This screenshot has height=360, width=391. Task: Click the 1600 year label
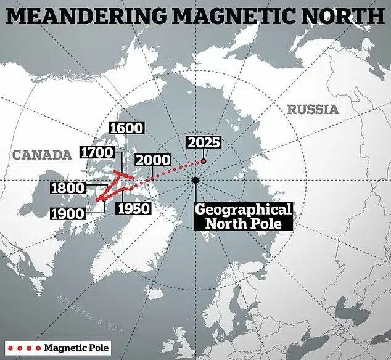[x=126, y=128]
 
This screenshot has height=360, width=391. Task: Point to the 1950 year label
[x=133, y=208]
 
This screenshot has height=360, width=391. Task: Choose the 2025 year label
[x=204, y=142]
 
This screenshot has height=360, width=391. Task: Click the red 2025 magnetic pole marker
[x=204, y=162]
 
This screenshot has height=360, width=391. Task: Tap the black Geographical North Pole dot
[x=196, y=180]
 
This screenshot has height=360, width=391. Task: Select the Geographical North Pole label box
[x=243, y=216]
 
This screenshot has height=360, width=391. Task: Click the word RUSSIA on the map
[x=313, y=110]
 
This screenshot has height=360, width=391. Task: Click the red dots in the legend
[x=22, y=348]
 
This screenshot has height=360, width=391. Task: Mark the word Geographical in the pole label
[x=243, y=209]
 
